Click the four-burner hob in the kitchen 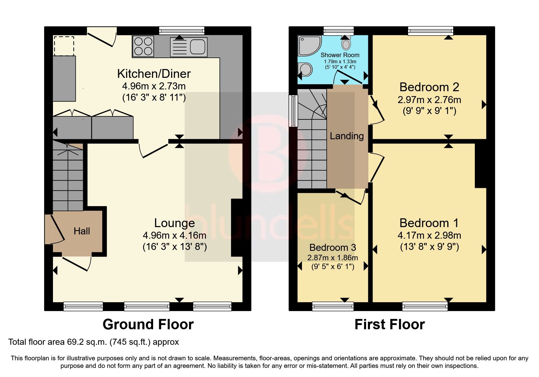coord(143,46)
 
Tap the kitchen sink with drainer coord(189,47)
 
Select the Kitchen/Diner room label coord(154,74)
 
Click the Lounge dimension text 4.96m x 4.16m coord(174,235)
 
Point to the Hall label coord(82,231)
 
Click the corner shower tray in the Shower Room coord(309,46)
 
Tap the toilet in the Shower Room coord(346,43)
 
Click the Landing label coord(347,136)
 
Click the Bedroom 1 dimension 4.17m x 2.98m coord(429,235)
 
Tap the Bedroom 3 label coord(333,247)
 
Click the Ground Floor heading coord(148,324)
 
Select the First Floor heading coord(390,324)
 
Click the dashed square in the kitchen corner coord(64,46)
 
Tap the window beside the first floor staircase coord(293,111)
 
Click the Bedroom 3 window coord(333,306)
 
